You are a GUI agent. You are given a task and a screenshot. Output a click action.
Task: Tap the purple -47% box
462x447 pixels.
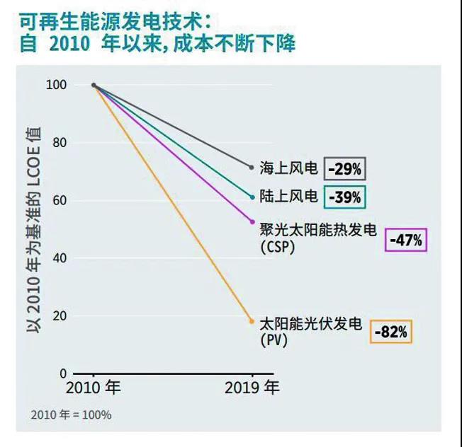(407, 241)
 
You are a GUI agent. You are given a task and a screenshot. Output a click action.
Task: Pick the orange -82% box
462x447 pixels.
(390, 332)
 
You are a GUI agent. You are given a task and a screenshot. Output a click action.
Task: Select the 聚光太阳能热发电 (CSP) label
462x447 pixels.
(317, 238)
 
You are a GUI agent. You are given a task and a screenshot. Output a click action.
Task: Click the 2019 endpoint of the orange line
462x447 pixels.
(252, 321)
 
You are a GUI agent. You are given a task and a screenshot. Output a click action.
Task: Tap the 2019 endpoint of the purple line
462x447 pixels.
(252, 222)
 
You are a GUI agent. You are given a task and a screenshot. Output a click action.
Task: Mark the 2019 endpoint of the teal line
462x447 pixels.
(252, 197)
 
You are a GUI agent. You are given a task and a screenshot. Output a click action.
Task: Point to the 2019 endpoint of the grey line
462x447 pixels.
(252, 168)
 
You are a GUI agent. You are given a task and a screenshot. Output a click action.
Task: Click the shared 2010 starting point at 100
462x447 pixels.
(94, 85)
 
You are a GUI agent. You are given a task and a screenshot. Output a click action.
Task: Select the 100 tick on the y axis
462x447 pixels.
(57, 85)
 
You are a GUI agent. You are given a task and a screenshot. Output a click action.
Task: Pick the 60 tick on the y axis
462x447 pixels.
(60, 200)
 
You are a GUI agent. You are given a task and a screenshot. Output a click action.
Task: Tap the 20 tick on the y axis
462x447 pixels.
(60, 316)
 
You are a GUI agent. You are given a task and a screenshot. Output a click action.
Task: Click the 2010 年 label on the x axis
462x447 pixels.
(93, 388)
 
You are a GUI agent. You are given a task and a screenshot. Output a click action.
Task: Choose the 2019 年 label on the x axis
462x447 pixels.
(252, 388)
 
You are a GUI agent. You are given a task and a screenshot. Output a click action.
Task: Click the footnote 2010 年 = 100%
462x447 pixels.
(71, 415)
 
